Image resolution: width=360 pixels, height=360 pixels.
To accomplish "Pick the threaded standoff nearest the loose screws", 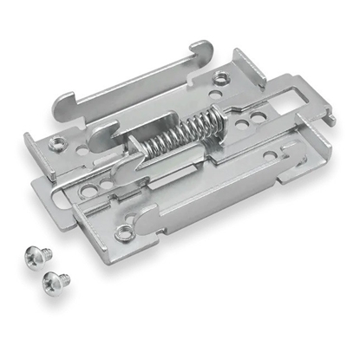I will coord(126,232).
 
